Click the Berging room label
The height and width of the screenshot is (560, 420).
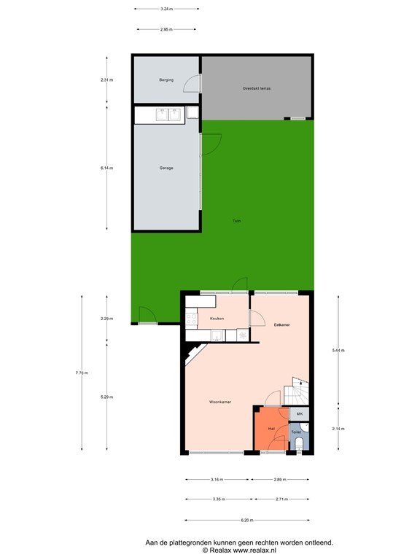tap(166, 79)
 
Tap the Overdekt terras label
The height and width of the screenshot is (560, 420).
tap(257, 88)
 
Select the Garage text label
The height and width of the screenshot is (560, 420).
tap(166, 168)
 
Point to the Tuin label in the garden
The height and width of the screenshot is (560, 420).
tap(236, 221)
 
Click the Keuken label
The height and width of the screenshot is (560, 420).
tap(217, 319)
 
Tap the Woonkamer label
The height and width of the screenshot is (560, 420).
tap(220, 402)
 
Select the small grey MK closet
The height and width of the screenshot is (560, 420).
tap(299, 414)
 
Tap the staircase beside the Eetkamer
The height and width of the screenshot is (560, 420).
tap(300, 393)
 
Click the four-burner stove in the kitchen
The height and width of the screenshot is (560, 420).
tap(192, 319)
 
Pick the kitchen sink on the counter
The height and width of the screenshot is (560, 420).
tap(217, 335)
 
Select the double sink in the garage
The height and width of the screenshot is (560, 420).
tap(167, 114)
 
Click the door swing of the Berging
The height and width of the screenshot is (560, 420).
tap(190, 85)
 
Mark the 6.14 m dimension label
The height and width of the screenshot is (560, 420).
tap(107, 168)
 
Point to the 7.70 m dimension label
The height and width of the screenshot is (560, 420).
tap(82, 373)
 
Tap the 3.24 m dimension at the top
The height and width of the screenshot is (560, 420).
tap(166, 9)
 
